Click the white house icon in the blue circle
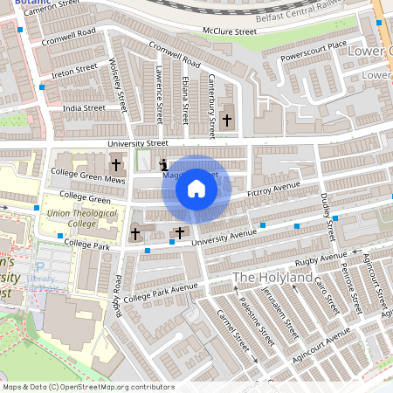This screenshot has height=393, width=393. tap(196, 188)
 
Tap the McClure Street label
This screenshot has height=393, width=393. tap(230, 31)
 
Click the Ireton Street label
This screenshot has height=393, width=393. tap(74, 69)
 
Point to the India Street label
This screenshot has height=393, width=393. tap(84, 108)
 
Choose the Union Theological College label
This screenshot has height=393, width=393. tap(72, 217)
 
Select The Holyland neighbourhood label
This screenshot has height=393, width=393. tap(272, 278)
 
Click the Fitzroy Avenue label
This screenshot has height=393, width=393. tap(273, 187)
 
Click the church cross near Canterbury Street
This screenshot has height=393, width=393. tap(228, 119)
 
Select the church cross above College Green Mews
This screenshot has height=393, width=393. tap(116, 163)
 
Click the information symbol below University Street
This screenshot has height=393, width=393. tap(163, 163)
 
